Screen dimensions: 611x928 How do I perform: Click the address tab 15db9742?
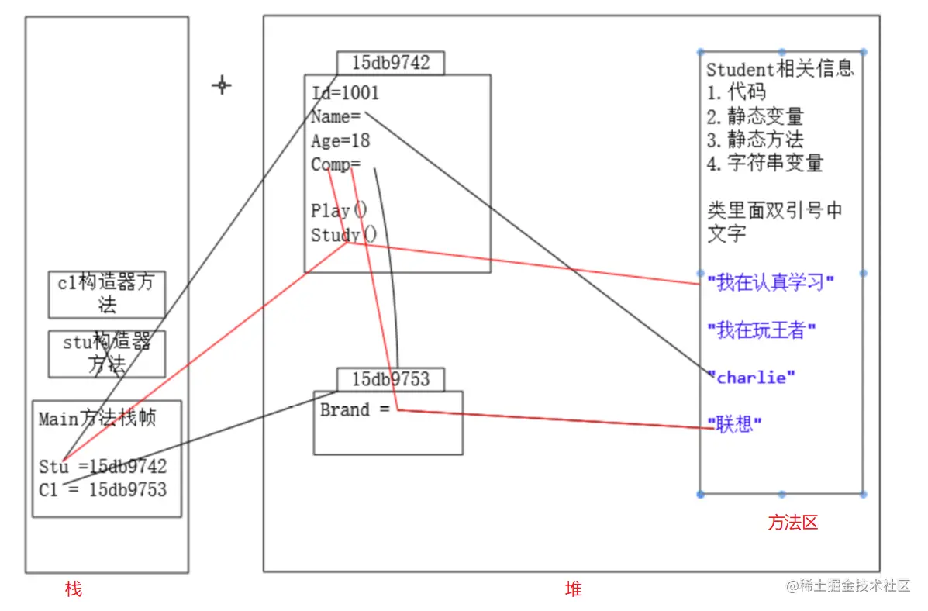[x=390, y=63]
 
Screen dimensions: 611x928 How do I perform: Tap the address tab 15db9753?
[x=390, y=379]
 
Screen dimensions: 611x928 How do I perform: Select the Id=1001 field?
[x=346, y=93]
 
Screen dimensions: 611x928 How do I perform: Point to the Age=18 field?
[x=340, y=141]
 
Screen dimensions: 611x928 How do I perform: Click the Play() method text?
[x=339, y=210]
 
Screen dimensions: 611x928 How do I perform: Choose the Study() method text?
[x=343, y=235]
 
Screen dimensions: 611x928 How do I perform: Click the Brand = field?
[x=355, y=410]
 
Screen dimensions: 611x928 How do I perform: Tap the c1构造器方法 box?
[x=107, y=294]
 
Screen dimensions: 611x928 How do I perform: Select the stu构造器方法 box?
[x=107, y=354]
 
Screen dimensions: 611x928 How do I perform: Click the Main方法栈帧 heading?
[x=98, y=419]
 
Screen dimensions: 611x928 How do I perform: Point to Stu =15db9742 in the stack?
[x=102, y=467]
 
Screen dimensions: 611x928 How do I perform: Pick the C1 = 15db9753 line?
[x=102, y=489]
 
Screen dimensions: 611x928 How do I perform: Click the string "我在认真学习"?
[x=770, y=282]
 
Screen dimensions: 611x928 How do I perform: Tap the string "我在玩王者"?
[x=761, y=330]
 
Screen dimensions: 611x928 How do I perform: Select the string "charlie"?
[x=751, y=378]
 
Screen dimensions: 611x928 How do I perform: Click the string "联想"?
[x=734, y=424]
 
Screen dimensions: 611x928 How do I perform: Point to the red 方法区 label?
[x=792, y=523]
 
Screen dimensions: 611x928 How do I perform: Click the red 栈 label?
[x=73, y=589]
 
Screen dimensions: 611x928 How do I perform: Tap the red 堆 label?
[x=573, y=589]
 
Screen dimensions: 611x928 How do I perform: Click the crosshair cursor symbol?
[x=222, y=85]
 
